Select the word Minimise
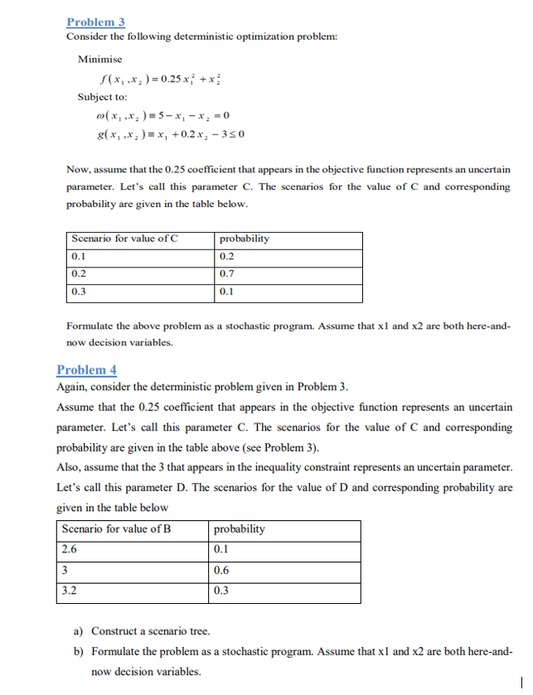pyautogui.click(x=99, y=59)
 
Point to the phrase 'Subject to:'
pyautogui.click(x=101, y=97)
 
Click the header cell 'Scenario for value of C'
pyautogui.click(x=125, y=239)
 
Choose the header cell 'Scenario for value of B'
pyautogui.click(x=116, y=528)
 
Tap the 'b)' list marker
pyautogui.click(x=80, y=652)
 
